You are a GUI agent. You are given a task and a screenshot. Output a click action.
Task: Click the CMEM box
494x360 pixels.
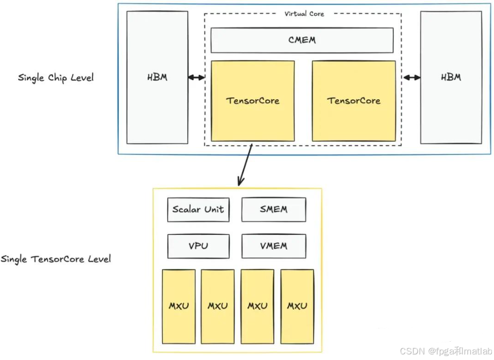tap(302, 40)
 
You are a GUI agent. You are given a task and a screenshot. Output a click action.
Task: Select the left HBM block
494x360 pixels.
tap(157, 77)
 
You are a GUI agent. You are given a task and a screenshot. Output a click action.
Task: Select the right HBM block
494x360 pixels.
tap(451, 77)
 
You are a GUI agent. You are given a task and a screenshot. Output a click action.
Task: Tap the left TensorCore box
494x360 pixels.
tap(253, 101)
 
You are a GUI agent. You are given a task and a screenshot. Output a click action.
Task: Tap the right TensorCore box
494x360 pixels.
tap(354, 101)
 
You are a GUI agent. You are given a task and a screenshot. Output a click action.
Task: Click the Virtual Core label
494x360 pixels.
tap(304, 14)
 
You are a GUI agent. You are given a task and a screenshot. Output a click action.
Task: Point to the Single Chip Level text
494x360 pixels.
tap(56, 77)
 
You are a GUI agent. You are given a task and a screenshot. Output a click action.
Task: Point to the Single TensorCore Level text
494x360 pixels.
tap(56, 259)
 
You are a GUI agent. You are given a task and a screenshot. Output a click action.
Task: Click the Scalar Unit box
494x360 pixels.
tap(198, 210)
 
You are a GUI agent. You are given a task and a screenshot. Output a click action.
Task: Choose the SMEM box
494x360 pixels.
tap(273, 210)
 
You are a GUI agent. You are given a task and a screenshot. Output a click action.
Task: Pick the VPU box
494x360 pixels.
tap(198, 246)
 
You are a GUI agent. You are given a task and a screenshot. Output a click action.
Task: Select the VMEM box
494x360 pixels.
tap(273, 246)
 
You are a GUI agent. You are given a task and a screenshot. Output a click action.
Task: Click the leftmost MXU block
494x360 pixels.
tap(179, 306)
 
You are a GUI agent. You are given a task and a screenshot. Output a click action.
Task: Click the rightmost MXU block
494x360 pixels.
tap(297, 306)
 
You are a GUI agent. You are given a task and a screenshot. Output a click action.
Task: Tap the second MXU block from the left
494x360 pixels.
tap(217, 306)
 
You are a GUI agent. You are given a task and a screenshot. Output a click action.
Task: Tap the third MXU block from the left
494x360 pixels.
tap(258, 306)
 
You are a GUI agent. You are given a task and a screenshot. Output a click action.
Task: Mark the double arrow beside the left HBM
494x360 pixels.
tap(196, 77)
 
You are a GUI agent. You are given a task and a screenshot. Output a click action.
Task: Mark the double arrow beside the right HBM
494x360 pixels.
tap(412, 77)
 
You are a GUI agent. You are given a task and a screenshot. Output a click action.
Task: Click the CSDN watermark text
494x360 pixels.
tap(446, 351)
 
